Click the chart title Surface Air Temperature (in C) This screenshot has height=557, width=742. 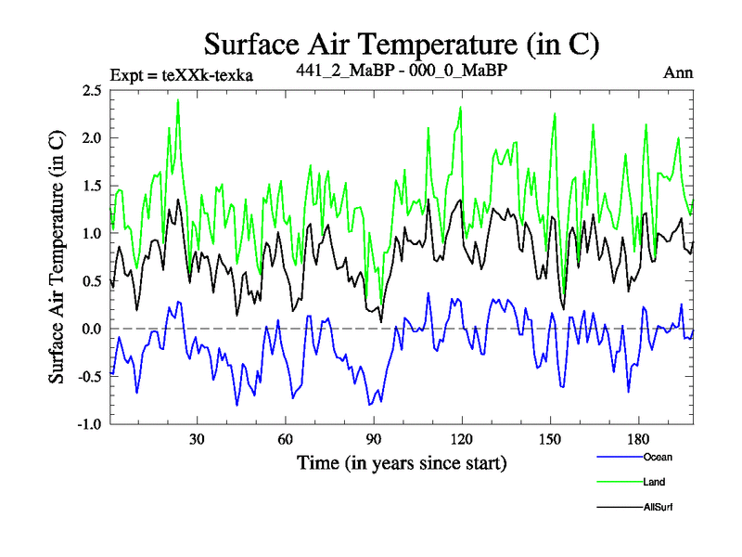(x=401, y=44)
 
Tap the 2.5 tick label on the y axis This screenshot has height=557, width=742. (x=91, y=91)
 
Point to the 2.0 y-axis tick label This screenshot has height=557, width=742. (x=91, y=138)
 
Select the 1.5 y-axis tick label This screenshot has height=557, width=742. (x=91, y=186)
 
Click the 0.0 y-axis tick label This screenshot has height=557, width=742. (x=91, y=329)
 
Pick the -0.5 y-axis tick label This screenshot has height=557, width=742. (x=88, y=377)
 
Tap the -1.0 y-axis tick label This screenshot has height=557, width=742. (x=88, y=424)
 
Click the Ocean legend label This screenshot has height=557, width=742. (x=657, y=457)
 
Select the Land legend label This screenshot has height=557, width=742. (x=654, y=482)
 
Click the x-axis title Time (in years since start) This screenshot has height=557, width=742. (x=402, y=461)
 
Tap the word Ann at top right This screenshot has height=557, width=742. (x=678, y=72)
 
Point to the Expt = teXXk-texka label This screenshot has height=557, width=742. (x=181, y=73)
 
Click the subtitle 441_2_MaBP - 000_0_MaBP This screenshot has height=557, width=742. (x=402, y=71)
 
